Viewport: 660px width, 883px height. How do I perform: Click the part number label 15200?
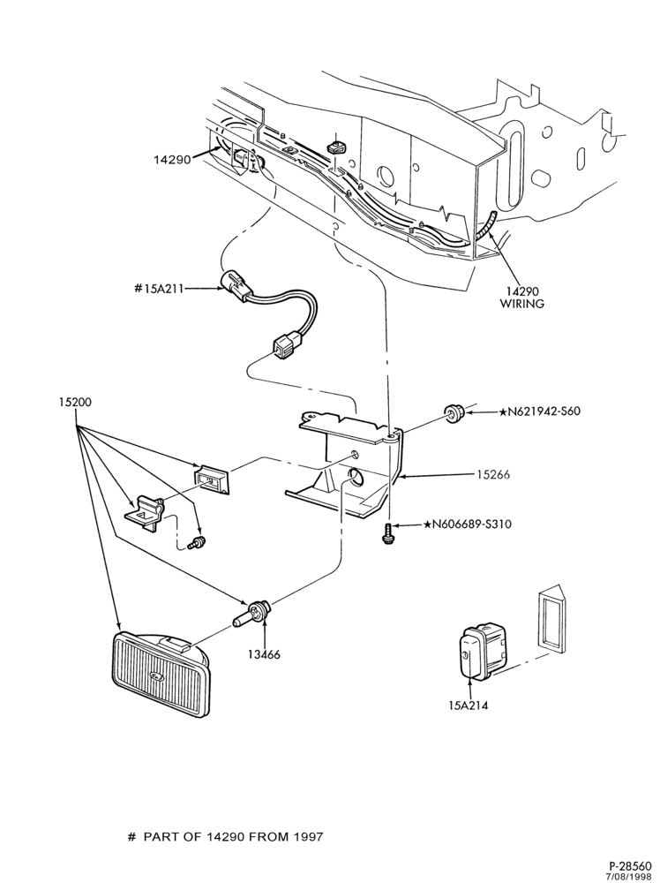tap(75, 403)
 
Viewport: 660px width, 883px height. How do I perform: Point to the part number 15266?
tap(493, 475)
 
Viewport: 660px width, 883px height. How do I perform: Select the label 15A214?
tap(469, 705)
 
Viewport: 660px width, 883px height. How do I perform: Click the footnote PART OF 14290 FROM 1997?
tap(234, 836)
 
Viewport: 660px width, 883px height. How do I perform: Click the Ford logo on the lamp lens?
tap(156, 677)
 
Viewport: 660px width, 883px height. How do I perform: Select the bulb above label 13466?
tap(253, 614)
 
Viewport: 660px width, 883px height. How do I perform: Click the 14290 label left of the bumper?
tap(171, 159)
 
